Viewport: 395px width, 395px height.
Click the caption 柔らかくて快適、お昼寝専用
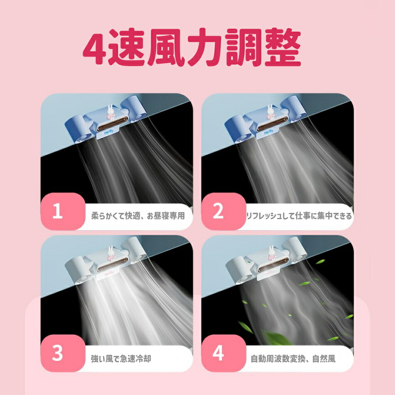pos(138,216)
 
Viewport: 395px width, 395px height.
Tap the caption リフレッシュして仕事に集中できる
pos(299,216)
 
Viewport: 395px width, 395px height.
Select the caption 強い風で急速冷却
pos(121,358)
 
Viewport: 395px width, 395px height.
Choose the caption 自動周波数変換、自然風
pos(293,358)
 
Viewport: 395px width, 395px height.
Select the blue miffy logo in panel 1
pos(109,132)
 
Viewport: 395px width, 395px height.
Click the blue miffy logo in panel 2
pos(269,132)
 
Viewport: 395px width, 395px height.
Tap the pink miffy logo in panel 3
pos(109,273)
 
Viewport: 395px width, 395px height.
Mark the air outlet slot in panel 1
pos(112,123)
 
